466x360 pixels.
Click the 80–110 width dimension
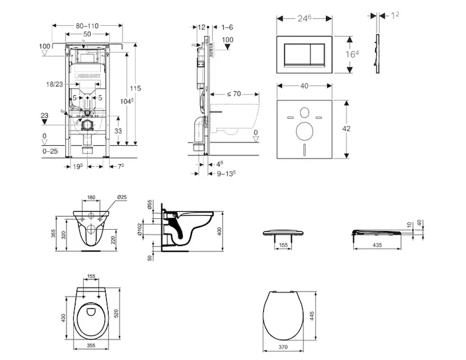(x=87, y=26)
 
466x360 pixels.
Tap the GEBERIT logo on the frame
(x=88, y=77)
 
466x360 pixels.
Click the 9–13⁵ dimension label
(x=226, y=173)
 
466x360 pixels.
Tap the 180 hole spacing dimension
(x=91, y=197)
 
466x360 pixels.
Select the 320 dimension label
(x=62, y=228)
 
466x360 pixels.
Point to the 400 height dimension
(x=229, y=230)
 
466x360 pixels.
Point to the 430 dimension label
(x=62, y=317)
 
